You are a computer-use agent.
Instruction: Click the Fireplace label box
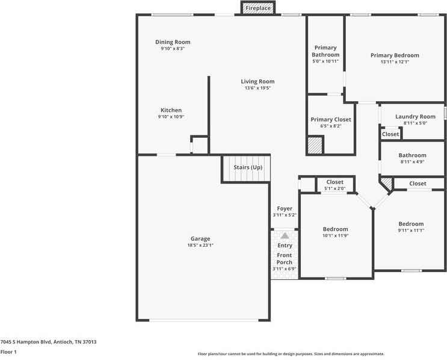257,8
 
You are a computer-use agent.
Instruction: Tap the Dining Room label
173,42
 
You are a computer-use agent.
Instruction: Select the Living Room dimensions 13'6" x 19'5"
257,88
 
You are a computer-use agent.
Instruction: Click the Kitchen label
171,110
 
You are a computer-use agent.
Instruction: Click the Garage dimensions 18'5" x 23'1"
200,245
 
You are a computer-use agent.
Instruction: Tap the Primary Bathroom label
325,51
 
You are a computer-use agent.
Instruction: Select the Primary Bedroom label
395,55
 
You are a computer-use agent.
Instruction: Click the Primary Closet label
331,120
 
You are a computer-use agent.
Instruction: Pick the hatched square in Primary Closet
315,145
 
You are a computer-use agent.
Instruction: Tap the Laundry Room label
415,116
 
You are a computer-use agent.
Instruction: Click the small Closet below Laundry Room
390,134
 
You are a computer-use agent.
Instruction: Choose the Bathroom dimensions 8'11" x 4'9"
412,161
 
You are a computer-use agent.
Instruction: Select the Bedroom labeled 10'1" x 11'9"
335,229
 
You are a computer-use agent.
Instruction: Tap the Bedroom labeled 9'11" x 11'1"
411,224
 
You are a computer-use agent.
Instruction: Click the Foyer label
285,208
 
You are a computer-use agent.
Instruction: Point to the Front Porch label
285,259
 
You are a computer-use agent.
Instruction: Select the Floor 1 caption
8,352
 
